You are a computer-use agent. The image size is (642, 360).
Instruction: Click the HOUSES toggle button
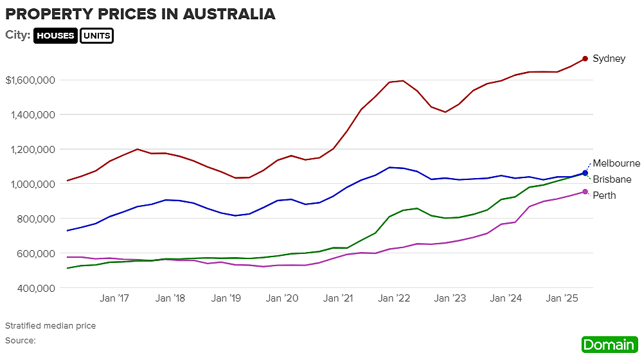55,36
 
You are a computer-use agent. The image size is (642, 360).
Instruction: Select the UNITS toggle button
96,36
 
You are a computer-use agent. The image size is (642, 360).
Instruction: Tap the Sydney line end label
609,59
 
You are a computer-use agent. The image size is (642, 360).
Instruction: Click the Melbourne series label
616,163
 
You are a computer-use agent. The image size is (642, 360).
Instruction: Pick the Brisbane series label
612,179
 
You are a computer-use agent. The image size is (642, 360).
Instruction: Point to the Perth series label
604,195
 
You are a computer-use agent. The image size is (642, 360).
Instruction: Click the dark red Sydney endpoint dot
585,59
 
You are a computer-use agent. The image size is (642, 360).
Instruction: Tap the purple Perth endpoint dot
585,192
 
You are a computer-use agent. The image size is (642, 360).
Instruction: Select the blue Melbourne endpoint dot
585,173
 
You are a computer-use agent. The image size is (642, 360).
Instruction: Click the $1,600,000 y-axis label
30,80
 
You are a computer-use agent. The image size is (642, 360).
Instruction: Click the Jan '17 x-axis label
116,298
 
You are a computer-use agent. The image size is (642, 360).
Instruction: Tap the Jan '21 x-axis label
338,298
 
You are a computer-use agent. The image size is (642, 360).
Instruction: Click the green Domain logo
608,345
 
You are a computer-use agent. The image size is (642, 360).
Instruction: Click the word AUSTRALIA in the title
220,14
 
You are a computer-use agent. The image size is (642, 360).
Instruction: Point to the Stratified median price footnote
50,326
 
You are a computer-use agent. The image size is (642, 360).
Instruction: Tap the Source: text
20,340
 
